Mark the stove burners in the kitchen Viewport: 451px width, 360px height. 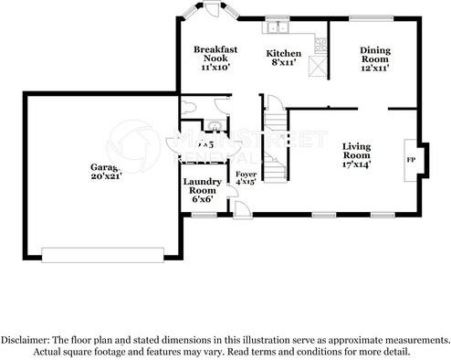pos(319,42)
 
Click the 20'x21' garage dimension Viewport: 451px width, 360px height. pos(106,176)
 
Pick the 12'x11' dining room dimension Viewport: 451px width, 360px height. pos(374,69)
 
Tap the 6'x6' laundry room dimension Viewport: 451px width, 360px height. pos(202,198)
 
